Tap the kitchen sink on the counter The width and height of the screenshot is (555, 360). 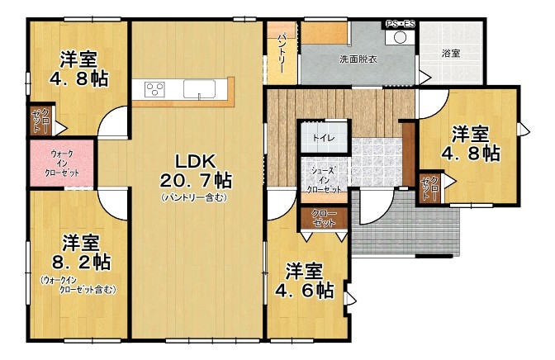coord(199,88)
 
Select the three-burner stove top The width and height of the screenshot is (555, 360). coord(155,89)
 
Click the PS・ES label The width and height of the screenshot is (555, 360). coord(400,25)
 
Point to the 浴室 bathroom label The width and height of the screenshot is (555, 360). coord(451,54)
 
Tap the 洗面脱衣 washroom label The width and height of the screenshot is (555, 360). coord(358,59)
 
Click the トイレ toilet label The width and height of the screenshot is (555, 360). coord(324,138)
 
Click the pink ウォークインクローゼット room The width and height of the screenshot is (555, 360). coord(62,163)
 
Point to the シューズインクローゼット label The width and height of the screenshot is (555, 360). coord(324,180)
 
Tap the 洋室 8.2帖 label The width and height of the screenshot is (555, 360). coord(81,253)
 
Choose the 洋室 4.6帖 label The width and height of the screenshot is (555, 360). coord(305,281)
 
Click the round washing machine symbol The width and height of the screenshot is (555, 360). coord(400,37)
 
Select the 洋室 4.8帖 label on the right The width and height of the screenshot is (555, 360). coord(471,144)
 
